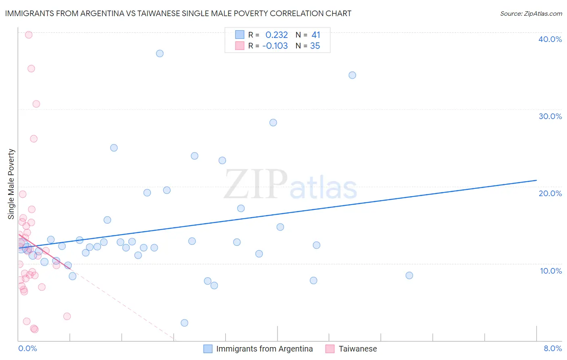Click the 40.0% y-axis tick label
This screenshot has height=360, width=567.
pyautogui.click(x=550, y=39)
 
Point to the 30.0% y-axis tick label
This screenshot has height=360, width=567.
pyautogui.click(x=550, y=116)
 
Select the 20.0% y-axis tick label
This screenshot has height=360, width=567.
pyautogui.click(x=550, y=193)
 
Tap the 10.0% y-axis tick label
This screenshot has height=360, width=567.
pyautogui.click(x=550, y=271)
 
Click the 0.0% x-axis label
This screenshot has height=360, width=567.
pyautogui.click(x=27, y=348)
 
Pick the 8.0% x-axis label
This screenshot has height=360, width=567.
pyautogui.click(x=552, y=348)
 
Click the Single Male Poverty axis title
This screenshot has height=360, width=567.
pyautogui.click(x=11, y=184)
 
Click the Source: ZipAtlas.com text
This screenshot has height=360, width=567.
pyautogui.click(x=531, y=13)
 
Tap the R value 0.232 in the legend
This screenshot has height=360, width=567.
pyautogui.click(x=276, y=35)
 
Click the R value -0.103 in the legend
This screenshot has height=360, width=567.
pyautogui.click(x=275, y=46)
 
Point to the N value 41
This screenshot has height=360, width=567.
pyautogui.click(x=315, y=35)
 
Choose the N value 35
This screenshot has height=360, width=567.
pyautogui.click(x=315, y=46)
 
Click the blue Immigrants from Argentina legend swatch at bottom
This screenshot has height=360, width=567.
pyautogui.click(x=208, y=349)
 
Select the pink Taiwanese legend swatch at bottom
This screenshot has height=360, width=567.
pyautogui.click(x=330, y=349)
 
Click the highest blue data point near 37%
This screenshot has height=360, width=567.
pyautogui.click(x=160, y=53)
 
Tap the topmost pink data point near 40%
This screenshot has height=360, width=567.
pyautogui.click(x=29, y=35)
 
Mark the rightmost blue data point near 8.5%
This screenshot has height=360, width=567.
pyautogui.click(x=409, y=275)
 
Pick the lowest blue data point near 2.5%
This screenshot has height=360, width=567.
pyautogui.click(x=184, y=322)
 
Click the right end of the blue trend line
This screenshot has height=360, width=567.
pyautogui.click(x=536, y=180)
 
